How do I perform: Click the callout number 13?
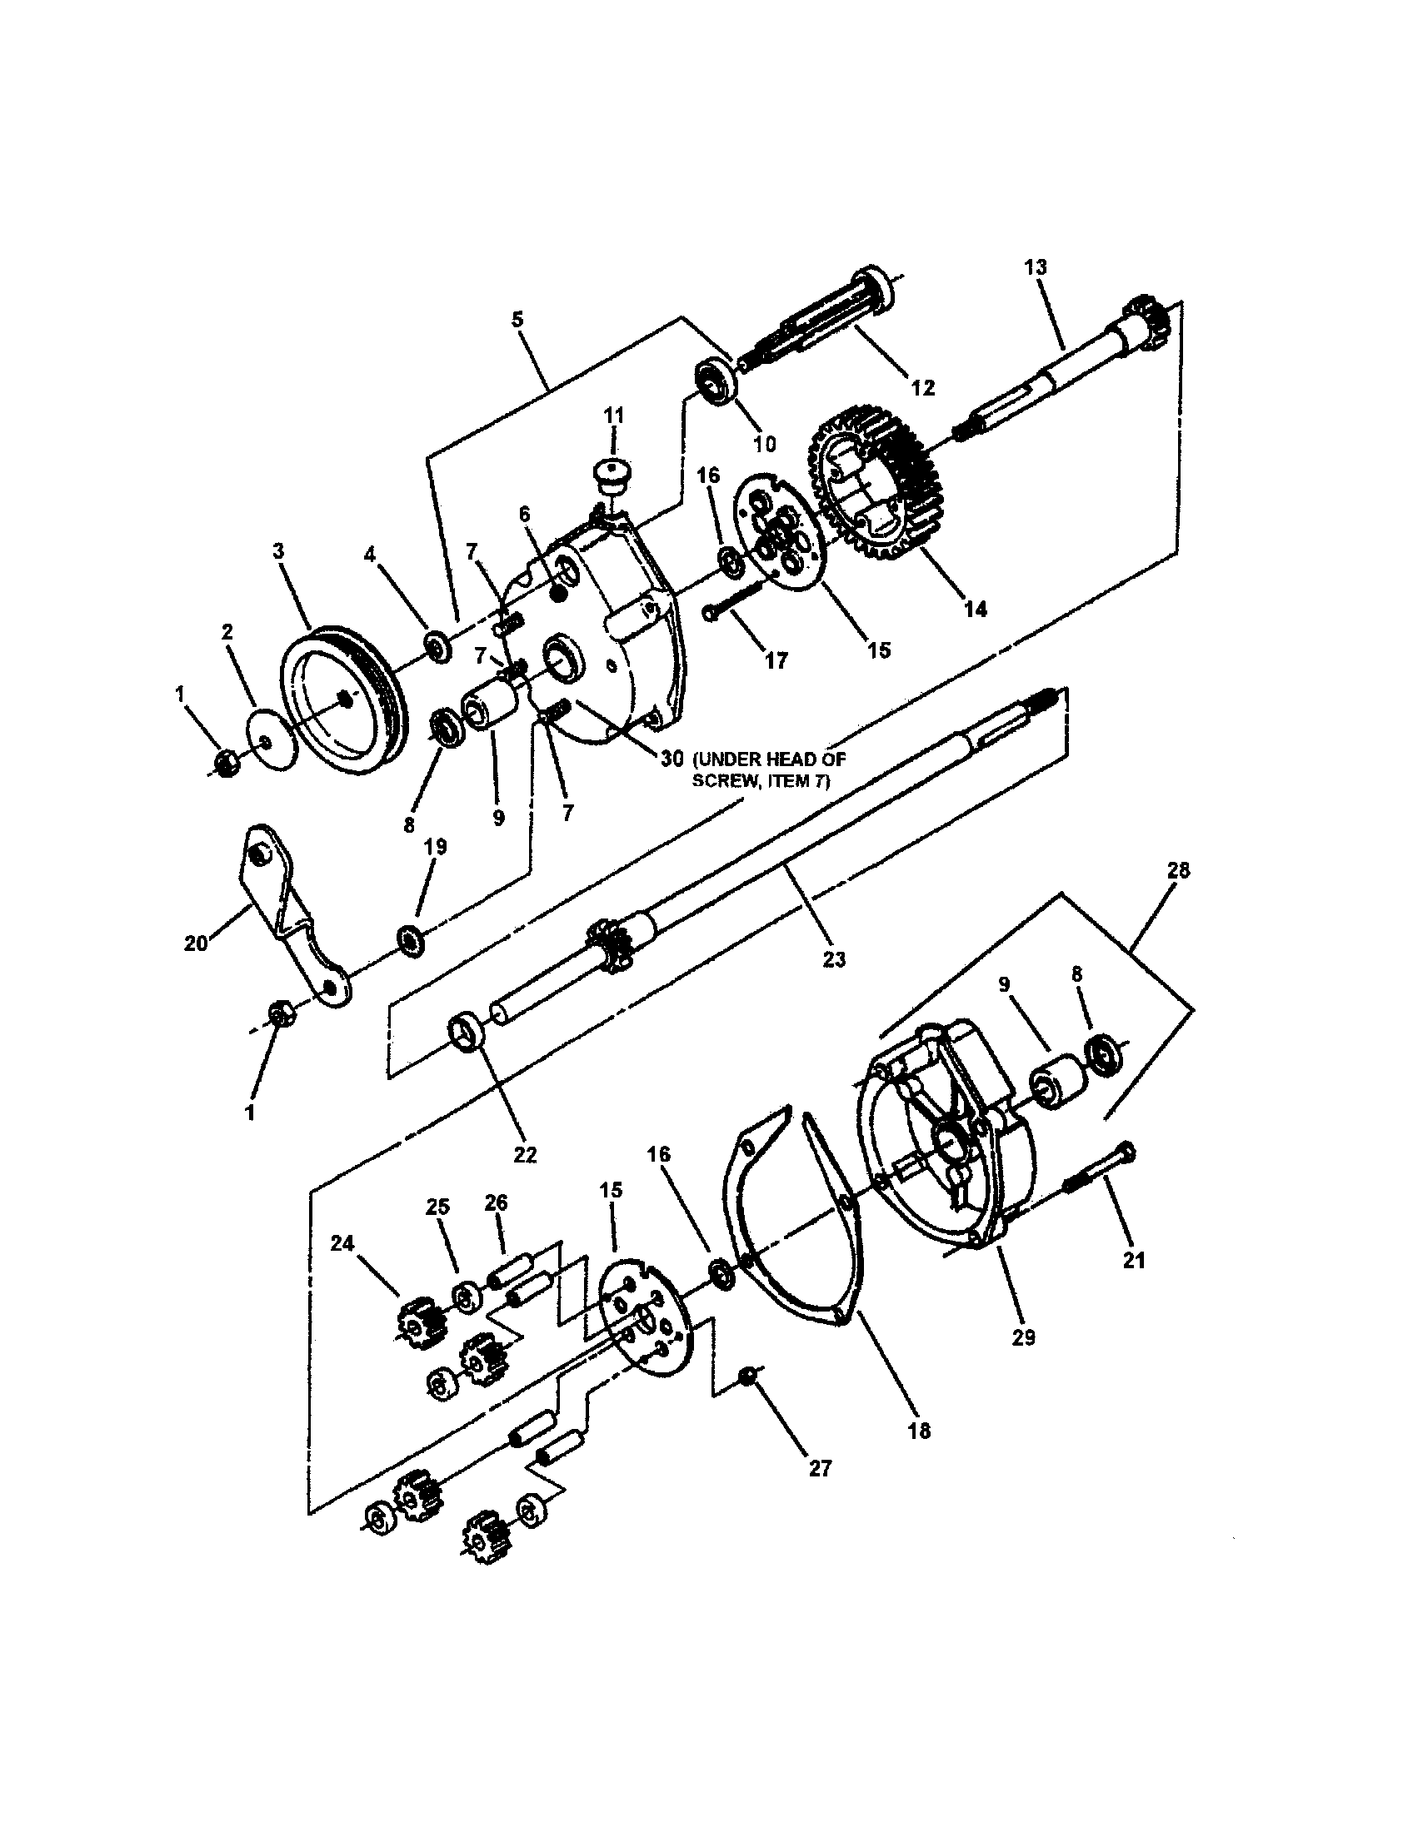pos(1036,267)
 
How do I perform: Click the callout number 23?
pos(834,957)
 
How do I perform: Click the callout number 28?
pos(1177,871)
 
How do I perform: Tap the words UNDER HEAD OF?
pos(769,759)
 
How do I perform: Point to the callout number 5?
pos(517,319)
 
